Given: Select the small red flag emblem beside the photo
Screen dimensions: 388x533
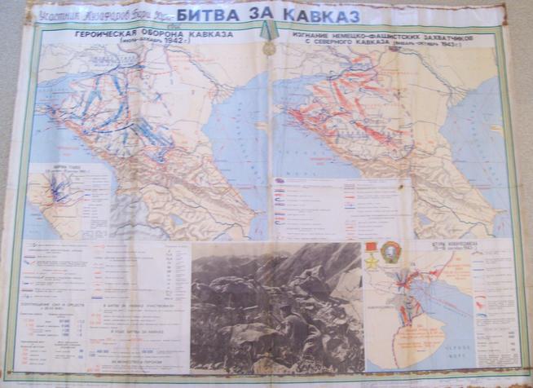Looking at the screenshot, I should pyautogui.click(x=372, y=247).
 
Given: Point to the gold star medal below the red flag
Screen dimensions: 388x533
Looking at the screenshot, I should pyautogui.click(x=372, y=262).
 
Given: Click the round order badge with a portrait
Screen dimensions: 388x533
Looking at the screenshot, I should pyautogui.click(x=390, y=254).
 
